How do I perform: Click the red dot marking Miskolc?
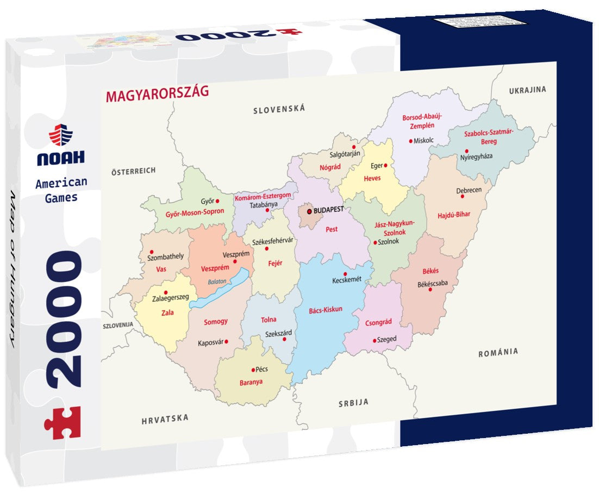pyautogui.click(x=411, y=140)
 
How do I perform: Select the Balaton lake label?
pyautogui.click(x=216, y=282)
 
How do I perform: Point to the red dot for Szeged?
pyautogui.click(x=375, y=340)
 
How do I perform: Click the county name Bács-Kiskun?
pyautogui.click(x=326, y=309)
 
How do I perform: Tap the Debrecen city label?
pyautogui.click(x=469, y=191)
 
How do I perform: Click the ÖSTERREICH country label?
pyautogui.click(x=133, y=171)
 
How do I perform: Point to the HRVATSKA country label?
pyautogui.click(x=165, y=418)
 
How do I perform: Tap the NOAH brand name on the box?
pyautogui.click(x=61, y=158)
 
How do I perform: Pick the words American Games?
pyautogui.click(x=61, y=190)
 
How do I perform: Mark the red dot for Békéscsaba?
pyautogui.click(x=430, y=290)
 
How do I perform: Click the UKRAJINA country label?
pyautogui.click(x=527, y=90)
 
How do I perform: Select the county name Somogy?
pyautogui.click(x=216, y=322)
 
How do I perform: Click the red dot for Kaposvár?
pyautogui.click(x=226, y=342)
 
